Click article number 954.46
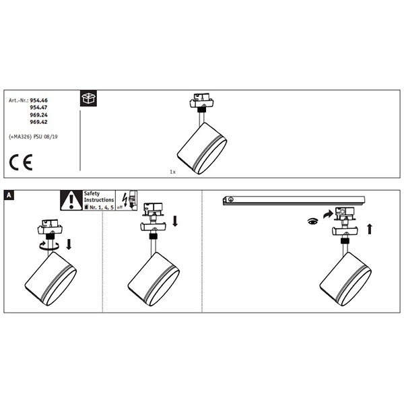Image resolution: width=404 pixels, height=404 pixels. click(x=38, y=100)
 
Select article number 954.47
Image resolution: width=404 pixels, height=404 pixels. click(x=38, y=108)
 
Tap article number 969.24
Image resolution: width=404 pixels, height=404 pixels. click(x=38, y=115)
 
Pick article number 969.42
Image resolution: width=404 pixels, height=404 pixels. click(x=38, y=122)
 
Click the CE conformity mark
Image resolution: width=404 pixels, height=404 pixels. click(x=21, y=162)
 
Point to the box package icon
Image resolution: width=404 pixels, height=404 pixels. click(x=89, y=98)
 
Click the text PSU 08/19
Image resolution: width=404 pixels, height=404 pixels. click(x=46, y=137)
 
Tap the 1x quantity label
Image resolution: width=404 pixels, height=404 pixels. click(x=172, y=172)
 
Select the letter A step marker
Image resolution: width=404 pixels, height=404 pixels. click(x=9, y=195)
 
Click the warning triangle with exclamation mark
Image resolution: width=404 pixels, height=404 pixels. click(x=71, y=201)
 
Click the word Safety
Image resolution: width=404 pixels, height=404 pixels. click(x=92, y=193)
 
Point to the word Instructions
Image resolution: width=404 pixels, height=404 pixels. click(x=99, y=200)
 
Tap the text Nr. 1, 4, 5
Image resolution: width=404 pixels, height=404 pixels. click(x=102, y=207)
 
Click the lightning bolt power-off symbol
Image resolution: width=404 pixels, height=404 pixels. click(x=125, y=200)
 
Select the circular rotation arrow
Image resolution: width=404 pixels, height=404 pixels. click(x=49, y=246)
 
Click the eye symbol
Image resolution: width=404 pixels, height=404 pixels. click(x=313, y=222)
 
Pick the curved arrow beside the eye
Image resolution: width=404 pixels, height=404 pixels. click(x=329, y=214)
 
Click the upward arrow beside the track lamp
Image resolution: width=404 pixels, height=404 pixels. click(x=370, y=229)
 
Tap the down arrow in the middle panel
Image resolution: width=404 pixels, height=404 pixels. click(x=175, y=221)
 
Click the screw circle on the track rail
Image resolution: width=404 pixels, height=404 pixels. click(x=230, y=199)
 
